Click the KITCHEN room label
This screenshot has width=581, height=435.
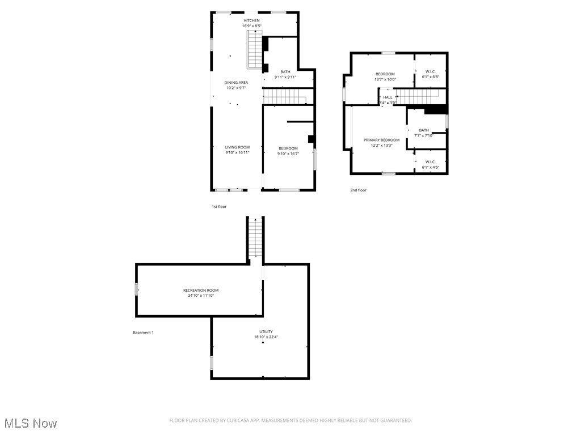[252, 20]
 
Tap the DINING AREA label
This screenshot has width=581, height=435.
[236, 83]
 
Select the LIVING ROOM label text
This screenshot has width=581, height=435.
[237, 147]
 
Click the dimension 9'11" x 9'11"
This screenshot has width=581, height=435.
[285, 77]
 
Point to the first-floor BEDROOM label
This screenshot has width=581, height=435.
[288, 148]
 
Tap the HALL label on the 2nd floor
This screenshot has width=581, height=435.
[388, 97]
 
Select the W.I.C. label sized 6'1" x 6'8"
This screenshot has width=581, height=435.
[430, 71]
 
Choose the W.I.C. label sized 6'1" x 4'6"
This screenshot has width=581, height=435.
[430, 162]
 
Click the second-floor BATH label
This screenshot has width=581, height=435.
[424, 130]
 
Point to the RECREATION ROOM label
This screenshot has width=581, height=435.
[200, 291]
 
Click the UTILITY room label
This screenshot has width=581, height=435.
[266, 332]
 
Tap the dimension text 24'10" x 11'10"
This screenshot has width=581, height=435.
[200, 296]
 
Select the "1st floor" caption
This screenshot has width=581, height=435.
[219, 207]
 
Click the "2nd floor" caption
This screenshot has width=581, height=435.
[358, 190]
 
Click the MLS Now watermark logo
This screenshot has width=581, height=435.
[30, 423]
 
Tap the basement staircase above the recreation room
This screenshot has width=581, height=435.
[255, 238]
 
